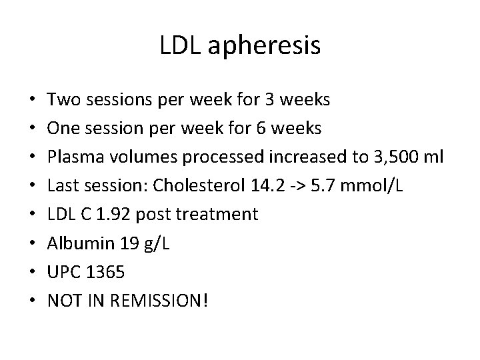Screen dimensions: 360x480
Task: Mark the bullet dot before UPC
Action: [33, 273]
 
